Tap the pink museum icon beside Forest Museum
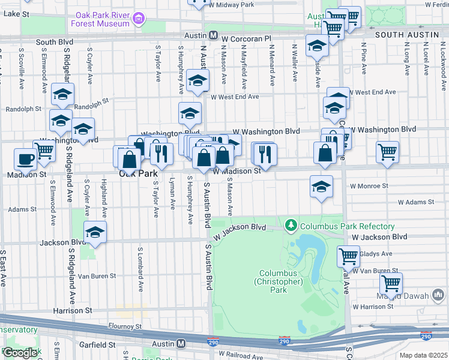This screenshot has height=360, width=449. point(139,19)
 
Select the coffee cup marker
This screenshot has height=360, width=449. point(25,159)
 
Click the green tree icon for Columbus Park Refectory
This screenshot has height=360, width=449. point(292,226)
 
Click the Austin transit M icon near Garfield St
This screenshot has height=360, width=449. point(181,344)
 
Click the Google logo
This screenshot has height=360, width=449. point(20,353)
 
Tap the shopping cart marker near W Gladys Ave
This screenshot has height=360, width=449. point(348,256)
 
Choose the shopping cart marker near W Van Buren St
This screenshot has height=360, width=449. point(391,282)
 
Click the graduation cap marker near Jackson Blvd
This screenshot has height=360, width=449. point(94,232)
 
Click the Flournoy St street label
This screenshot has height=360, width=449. point(122,326)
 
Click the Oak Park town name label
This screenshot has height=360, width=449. point(139,173)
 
